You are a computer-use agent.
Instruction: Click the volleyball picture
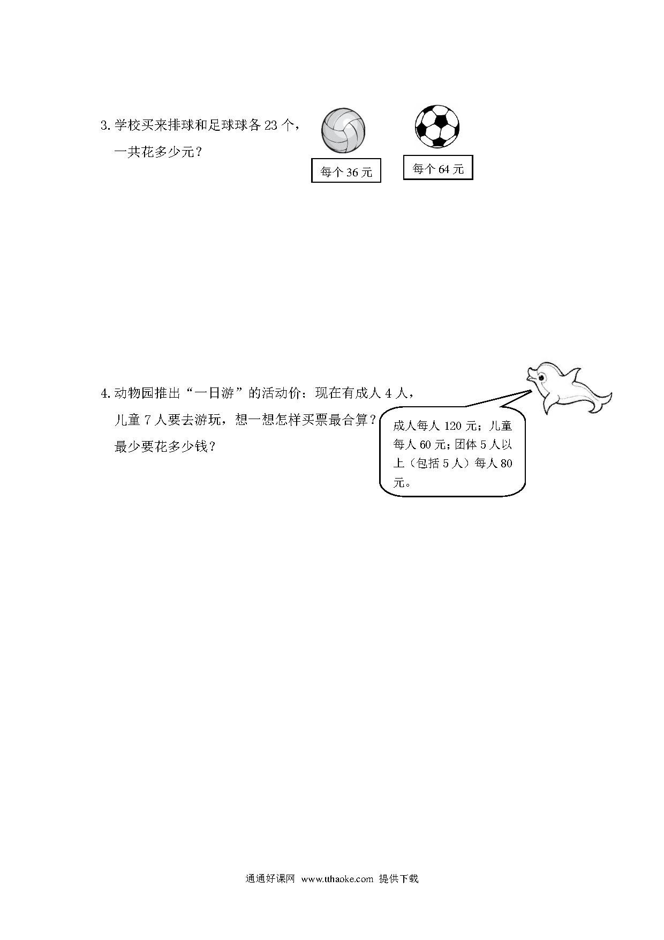(343, 131)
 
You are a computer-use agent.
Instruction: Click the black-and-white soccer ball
(437, 126)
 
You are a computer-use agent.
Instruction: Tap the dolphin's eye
(541, 378)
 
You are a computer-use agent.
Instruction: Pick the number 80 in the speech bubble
(506, 463)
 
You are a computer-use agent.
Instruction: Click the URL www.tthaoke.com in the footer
(337, 879)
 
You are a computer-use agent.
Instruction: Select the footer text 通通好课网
(270, 879)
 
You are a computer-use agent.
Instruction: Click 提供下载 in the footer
(398, 879)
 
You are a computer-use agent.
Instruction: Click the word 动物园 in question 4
(134, 393)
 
